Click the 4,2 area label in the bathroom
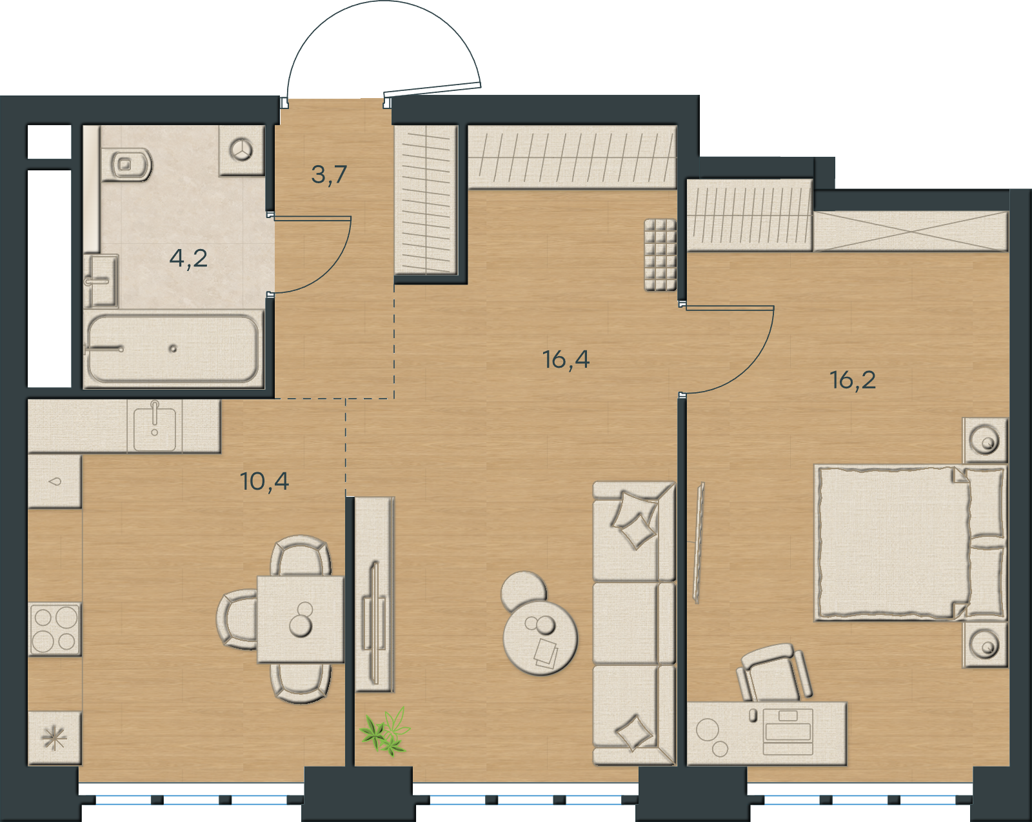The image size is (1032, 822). [x=188, y=259]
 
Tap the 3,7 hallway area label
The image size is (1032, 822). [x=329, y=175]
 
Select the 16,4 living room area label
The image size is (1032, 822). [x=566, y=359]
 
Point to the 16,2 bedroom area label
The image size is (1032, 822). [x=853, y=381]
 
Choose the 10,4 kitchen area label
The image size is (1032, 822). [x=264, y=482]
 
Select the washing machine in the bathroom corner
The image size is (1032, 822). [x=242, y=150]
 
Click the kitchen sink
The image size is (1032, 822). [x=154, y=426]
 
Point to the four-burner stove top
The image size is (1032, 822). [x=54, y=629]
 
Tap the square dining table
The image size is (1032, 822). [x=301, y=619]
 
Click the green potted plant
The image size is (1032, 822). [x=386, y=731]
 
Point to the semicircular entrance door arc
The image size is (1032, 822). [x=384, y=29]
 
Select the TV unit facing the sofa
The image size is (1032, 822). [x=375, y=594]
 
